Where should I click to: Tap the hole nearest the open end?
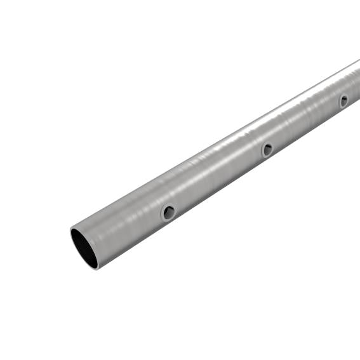(x=168, y=212)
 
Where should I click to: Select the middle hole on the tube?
(x=267, y=150)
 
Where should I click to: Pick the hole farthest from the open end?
(x=343, y=100)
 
